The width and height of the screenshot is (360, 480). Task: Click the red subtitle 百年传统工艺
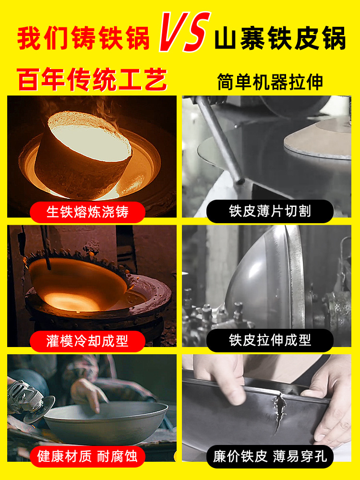(92, 79)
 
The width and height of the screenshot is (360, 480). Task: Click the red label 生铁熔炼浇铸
(87, 212)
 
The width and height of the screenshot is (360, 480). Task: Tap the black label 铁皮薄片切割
(270, 211)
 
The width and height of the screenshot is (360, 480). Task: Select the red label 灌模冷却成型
(87, 341)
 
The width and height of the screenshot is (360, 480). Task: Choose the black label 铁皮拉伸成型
(270, 340)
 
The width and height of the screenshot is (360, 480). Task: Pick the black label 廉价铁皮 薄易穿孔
(270, 456)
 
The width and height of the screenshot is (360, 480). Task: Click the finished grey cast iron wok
(106, 422)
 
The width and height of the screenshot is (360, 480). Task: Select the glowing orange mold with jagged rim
(79, 283)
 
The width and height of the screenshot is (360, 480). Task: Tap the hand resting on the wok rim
(89, 394)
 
